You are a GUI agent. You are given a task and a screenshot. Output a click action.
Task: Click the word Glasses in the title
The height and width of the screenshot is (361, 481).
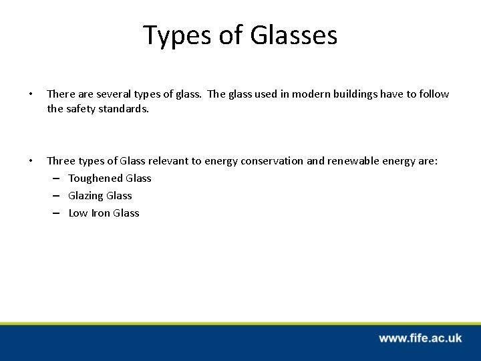(294, 35)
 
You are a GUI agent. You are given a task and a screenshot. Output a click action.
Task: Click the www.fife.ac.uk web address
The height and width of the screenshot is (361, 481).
(420, 338)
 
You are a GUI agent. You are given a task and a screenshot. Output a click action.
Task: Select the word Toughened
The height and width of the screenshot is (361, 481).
(96, 178)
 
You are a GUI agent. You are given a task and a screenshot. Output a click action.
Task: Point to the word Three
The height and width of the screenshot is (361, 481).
(61, 161)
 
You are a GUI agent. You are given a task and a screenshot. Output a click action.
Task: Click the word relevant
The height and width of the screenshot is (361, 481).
(180, 161)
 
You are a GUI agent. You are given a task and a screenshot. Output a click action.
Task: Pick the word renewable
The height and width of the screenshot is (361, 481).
(365, 161)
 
